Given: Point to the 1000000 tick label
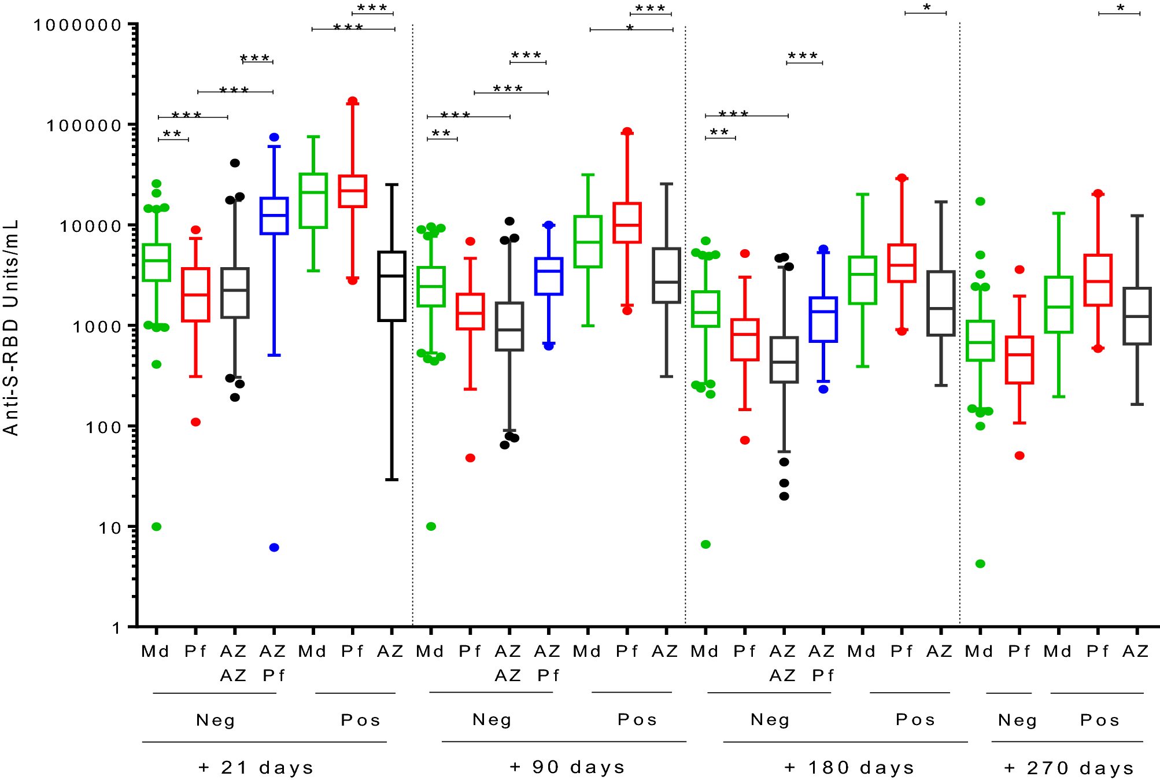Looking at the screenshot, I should (x=77, y=25).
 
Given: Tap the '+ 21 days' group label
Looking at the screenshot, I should (x=256, y=767).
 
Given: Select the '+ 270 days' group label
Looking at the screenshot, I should (x=1069, y=767).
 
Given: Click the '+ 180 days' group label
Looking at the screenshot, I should (x=849, y=767).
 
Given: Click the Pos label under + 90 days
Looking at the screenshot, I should (x=637, y=719).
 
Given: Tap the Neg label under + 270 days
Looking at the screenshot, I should (x=1017, y=720).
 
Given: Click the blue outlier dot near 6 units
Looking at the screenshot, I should (x=274, y=548).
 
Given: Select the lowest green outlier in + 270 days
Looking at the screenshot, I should (x=980, y=564).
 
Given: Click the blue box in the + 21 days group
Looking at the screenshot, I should (x=274, y=216).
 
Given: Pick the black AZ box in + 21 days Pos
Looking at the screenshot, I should (x=391, y=286).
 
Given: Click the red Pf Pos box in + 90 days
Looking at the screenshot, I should (x=627, y=223).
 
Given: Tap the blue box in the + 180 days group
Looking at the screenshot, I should (x=823, y=319).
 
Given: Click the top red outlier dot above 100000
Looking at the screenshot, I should (x=352, y=101).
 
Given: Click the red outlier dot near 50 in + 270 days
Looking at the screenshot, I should (x=1019, y=456).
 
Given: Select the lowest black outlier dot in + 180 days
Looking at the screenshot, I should (x=784, y=496).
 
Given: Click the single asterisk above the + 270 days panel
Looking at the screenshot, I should (x=1120, y=8).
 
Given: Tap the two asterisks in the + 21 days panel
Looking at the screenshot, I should (x=172, y=134).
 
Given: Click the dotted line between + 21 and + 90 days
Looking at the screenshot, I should (x=412, y=324).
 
